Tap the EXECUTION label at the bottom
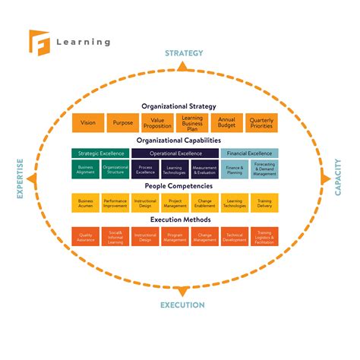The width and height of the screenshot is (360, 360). (x=182, y=305)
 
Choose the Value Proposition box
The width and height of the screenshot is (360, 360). (x=158, y=124)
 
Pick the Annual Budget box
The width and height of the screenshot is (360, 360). (x=227, y=124)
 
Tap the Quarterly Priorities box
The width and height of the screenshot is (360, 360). (x=262, y=124)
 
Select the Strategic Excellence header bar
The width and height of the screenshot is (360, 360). (x=101, y=153)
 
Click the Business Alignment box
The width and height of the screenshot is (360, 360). (x=86, y=170)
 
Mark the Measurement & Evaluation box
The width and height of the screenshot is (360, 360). (x=205, y=170)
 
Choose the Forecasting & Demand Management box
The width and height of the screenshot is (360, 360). (x=265, y=170)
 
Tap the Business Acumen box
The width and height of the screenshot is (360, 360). (x=86, y=203)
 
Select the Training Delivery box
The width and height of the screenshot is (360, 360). (x=265, y=203)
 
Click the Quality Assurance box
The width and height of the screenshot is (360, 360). (x=86, y=236)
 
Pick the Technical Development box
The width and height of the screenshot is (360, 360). (x=235, y=236)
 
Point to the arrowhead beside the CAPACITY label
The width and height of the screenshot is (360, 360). (x=325, y=179)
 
